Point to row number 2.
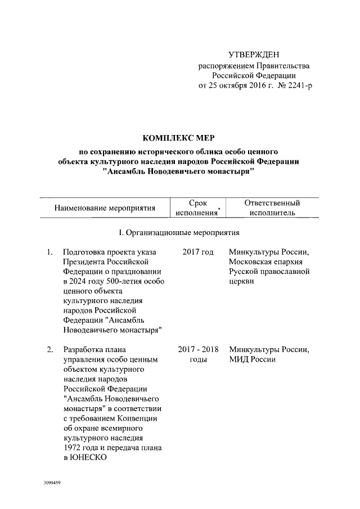pos(50,350)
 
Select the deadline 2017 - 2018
pos(198,350)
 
